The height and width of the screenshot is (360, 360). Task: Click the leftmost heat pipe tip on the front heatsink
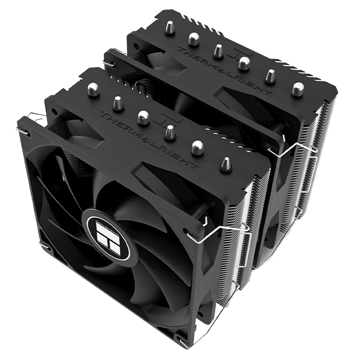coord(93,89)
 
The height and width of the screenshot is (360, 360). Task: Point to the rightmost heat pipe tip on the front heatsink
coord(226,163)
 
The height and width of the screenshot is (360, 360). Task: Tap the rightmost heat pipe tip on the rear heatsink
coord(298,89)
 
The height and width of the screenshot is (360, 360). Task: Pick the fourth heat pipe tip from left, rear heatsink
coord(244,63)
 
